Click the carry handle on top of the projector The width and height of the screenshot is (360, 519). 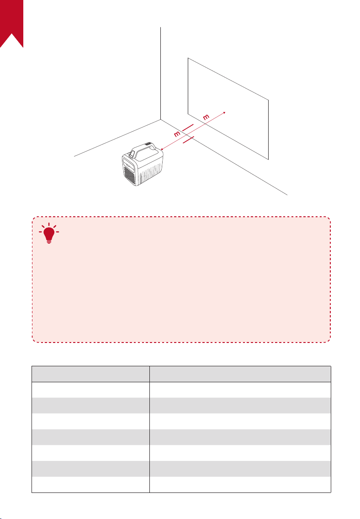(143, 150)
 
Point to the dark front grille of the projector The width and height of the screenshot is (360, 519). (130, 175)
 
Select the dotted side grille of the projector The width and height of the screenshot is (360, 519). (150, 173)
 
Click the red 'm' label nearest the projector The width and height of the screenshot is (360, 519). (177, 134)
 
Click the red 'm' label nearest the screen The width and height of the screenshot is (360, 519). (206, 117)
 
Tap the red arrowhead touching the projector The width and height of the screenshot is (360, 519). (162, 149)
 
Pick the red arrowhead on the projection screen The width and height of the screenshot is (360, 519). (224, 112)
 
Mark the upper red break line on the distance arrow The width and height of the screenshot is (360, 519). (187, 128)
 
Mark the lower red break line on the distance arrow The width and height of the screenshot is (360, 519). (188, 139)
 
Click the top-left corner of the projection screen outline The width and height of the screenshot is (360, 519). (188, 58)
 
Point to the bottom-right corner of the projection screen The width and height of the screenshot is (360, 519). (268, 160)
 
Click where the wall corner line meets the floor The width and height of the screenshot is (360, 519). (161, 120)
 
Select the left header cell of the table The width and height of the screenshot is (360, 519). (90, 374)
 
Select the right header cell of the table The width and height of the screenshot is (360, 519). (240, 374)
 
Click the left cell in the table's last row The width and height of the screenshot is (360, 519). (90, 485)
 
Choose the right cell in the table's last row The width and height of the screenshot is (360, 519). (240, 485)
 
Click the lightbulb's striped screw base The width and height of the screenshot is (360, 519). (49, 241)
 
